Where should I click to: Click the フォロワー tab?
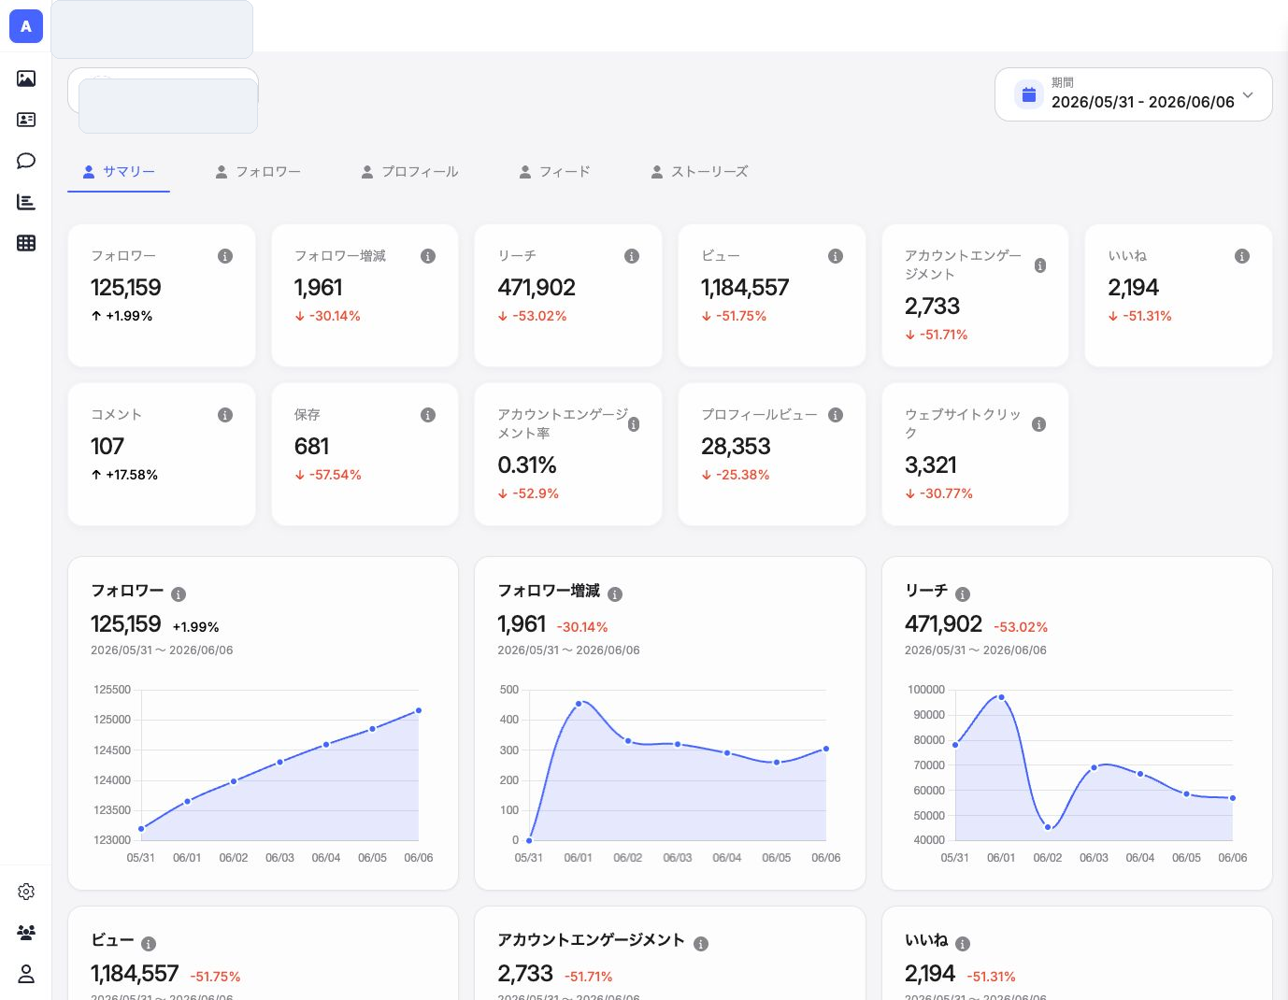point(258,172)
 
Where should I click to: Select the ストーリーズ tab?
point(699,172)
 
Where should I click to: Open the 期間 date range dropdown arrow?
point(1248,94)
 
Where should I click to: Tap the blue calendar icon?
point(1029,94)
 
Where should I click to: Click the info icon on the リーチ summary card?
point(632,256)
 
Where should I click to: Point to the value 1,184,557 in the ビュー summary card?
point(745,288)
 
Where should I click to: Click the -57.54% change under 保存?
point(328,475)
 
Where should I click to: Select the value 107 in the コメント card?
point(107,446)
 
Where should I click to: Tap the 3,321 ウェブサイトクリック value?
point(931,465)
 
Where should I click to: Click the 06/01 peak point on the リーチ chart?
point(1002,697)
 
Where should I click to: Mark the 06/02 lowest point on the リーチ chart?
point(1048,827)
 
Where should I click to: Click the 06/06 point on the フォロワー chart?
point(419,710)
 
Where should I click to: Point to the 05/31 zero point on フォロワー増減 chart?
point(529,840)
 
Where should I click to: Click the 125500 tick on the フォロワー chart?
point(112,690)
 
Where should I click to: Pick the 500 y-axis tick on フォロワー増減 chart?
point(509,690)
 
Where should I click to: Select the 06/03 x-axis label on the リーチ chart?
point(1094,858)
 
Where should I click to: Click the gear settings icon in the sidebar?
point(26,892)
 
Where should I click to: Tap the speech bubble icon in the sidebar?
point(26,161)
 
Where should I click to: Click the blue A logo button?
point(26,26)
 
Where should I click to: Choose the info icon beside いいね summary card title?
point(1242,256)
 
